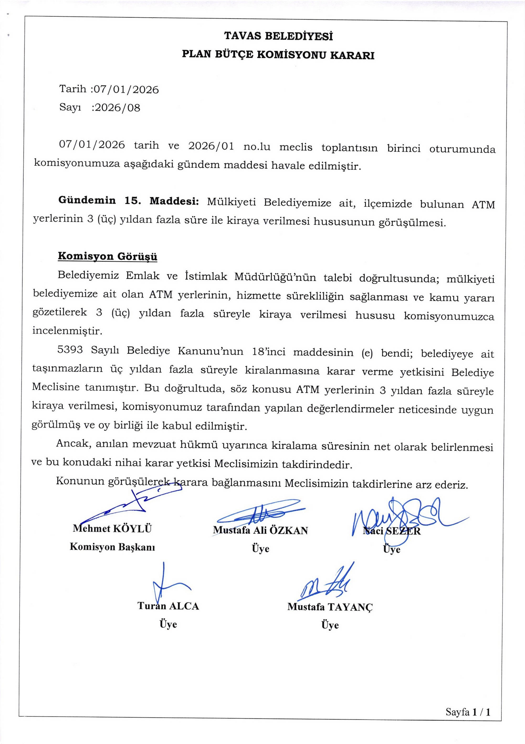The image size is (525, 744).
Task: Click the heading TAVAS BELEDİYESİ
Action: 278,36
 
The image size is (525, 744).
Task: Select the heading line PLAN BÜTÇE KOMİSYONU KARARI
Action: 278,55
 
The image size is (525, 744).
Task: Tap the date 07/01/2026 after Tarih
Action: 125,89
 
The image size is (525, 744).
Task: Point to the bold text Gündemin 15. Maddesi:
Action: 128,201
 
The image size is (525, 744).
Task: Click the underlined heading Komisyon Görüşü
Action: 108,256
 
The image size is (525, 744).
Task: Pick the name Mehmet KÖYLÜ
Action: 112,529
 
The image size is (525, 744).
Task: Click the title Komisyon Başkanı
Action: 112,547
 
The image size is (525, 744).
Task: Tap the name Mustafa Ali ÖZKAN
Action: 260,530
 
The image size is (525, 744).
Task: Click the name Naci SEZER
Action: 392,531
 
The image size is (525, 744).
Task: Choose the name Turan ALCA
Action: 168,606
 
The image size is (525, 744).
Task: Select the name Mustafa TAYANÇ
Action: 330,607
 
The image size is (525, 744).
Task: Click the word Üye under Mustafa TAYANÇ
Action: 330,625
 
